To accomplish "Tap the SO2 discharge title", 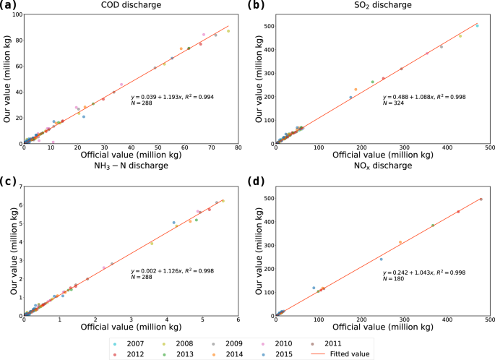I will pyautogui.click(x=382, y=6).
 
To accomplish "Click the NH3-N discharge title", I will pyautogui.click(x=130, y=166).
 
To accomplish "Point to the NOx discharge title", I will pyautogui.click(x=382, y=166).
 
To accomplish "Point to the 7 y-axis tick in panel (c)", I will pyautogui.click(x=18, y=187).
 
